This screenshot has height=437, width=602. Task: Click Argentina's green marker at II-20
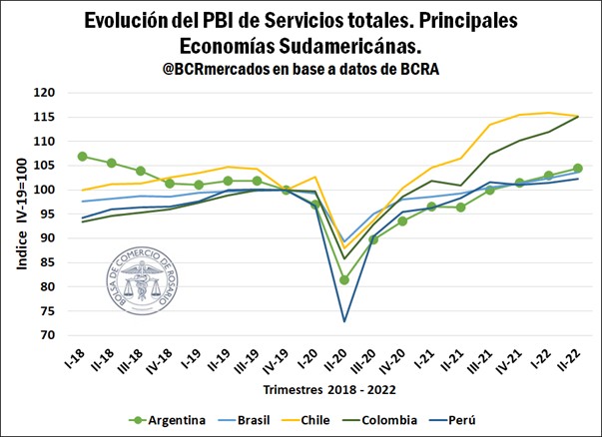344,280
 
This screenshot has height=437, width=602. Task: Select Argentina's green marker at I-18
82,157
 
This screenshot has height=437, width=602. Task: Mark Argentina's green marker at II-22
578,169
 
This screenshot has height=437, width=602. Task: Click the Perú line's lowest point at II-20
344,321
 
